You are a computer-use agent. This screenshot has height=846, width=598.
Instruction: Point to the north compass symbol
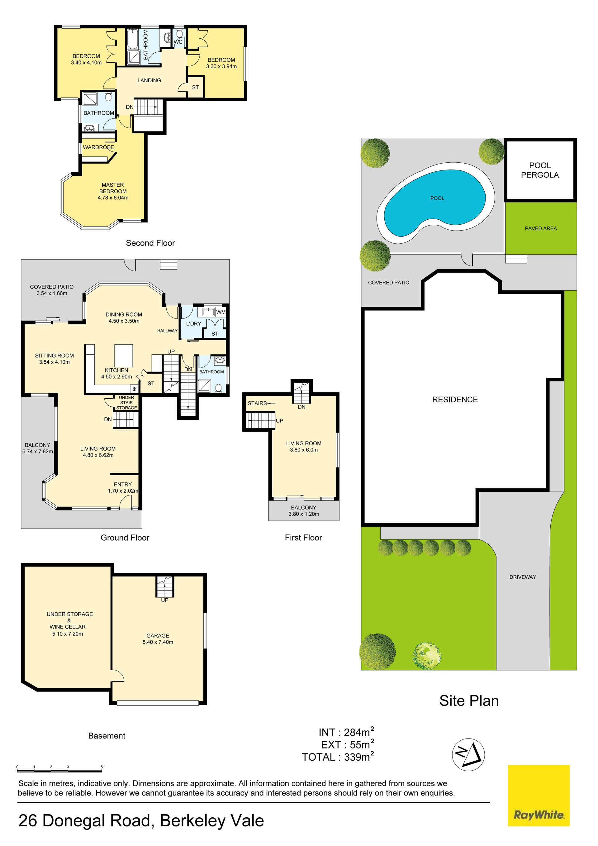coord(468,755)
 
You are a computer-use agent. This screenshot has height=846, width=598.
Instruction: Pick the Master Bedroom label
coord(113,188)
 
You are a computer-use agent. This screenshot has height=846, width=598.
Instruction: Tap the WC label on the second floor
coord(178,42)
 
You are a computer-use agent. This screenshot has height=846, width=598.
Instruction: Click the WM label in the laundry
coord(221,312)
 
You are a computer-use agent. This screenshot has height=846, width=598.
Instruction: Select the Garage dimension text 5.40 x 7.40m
coord(158,642)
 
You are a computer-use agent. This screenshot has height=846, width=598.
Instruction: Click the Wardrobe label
coord(98,147)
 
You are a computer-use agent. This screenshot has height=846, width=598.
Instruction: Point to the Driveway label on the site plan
coord(523,577)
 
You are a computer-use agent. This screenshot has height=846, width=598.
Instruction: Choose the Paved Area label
coord(541,228)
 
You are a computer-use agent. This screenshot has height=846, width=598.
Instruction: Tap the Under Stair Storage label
coord(126,403)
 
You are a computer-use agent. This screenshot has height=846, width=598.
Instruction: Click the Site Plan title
coord(469,700)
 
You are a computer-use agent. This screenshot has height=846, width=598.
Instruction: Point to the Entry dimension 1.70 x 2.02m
coord(123,491)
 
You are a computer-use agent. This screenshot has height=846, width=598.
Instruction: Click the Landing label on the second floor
coord(149,80)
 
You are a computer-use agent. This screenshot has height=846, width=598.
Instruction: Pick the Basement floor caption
coord(107,735)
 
